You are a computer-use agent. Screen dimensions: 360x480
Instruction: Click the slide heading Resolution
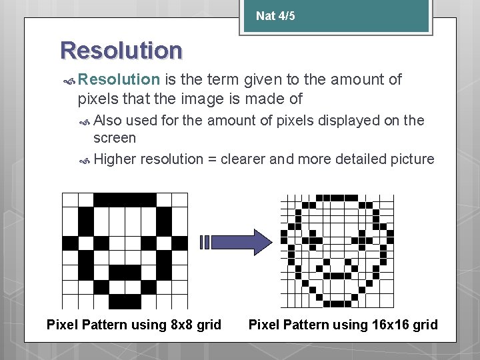point(121,51)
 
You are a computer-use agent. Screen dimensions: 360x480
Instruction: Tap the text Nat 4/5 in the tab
point(275,15)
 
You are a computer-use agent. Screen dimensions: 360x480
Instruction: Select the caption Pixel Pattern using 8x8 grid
point(133,325)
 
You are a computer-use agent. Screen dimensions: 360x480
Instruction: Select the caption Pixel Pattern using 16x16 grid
point(343,325)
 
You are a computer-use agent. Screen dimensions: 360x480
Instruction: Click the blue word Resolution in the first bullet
point(119,80)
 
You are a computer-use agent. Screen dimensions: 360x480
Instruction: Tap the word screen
point(115,138)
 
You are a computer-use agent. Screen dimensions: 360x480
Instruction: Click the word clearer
point(244,159)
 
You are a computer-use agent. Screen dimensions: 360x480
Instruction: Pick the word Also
point(108,120)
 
